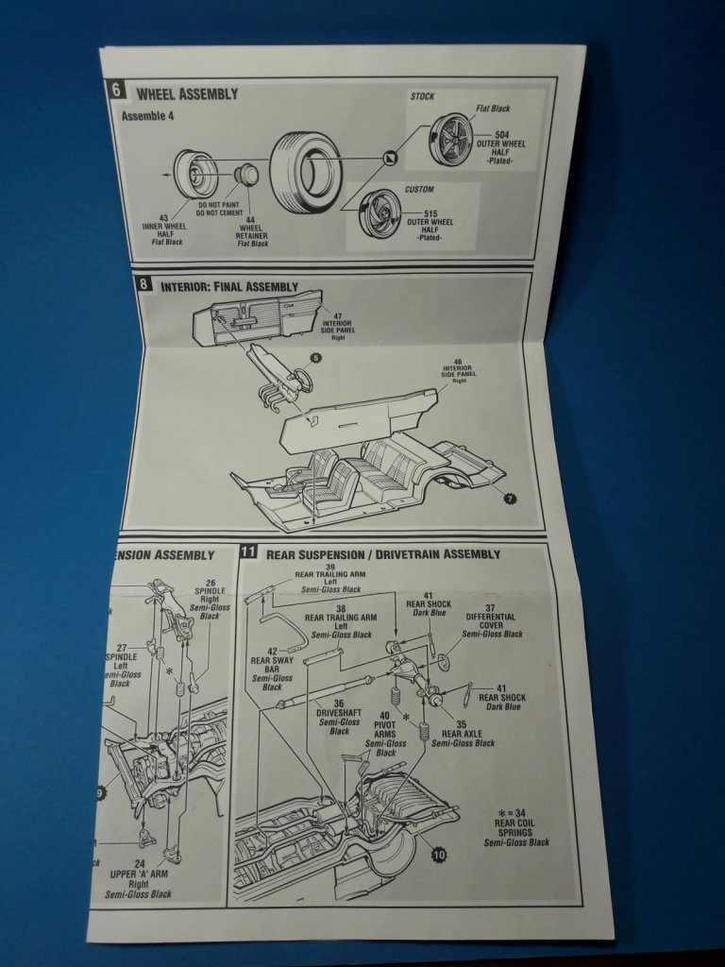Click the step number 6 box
pyautogui.click(x=116, y=92)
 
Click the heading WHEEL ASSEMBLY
pyautogui.click(x=187, y=94)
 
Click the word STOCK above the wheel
pyautogui.click(x=423, y=97)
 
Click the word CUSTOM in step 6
pyautogui.click(x=420, y=189)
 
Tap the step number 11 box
pyautogui.click(x=248, y=553)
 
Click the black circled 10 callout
pyautogui.click(x=438, y=856)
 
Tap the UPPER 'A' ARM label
pyautogui.click(x=139, y=877)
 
